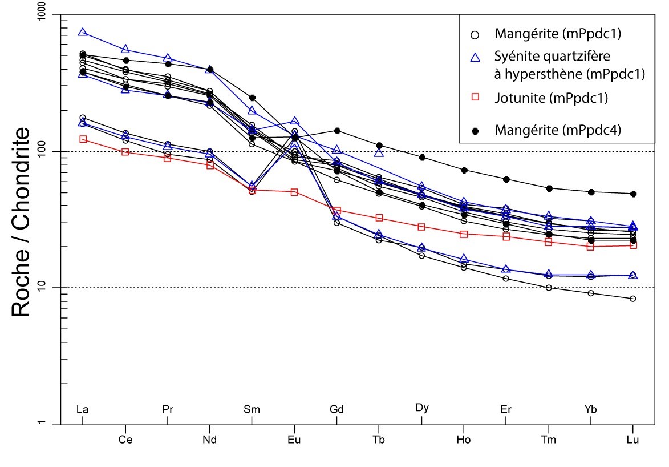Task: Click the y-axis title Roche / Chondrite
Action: (x=21, y=223)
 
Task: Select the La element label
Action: (x=83, y=409)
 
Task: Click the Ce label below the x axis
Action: (x=125, y=440)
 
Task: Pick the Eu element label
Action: (x=294, y=440)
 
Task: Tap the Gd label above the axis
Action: (x=336, y=409)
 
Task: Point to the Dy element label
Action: (x=421, y=408)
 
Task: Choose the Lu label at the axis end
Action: (x=632, y=440)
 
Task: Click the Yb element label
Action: (x=591, y=409)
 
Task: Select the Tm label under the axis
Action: (x=549, y=440)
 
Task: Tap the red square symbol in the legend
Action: (x=475, y=98)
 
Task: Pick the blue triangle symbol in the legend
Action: (x=475, y=57)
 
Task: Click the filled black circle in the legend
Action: (x=475, y=131)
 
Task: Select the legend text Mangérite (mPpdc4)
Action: (x=557, y=131)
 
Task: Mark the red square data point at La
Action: (x=83, y=139)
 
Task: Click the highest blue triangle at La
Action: (x=83, y=33)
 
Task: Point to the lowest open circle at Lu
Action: (x=632, y=299)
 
